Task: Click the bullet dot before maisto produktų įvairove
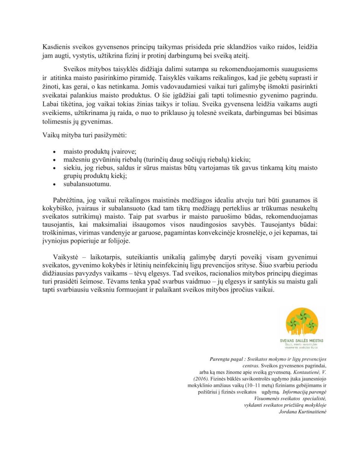point(54,152)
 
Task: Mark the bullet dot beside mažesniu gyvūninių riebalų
point(54,160)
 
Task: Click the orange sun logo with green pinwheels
point(302,322)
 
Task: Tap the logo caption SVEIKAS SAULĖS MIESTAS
point(302,341)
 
